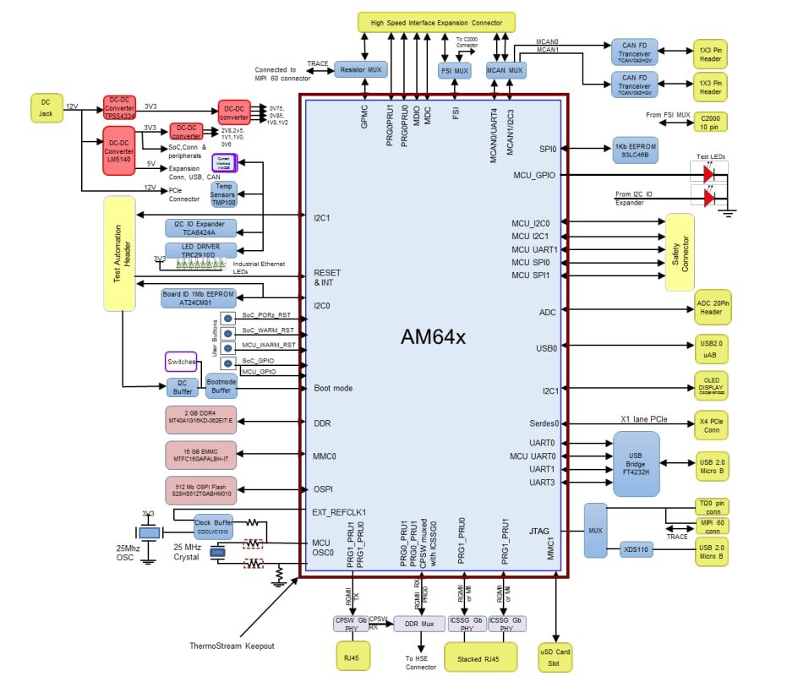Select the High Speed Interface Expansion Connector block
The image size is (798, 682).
click(435, 23)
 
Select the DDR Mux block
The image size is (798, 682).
click(418, 624)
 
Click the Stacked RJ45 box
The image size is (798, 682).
click(480, 656)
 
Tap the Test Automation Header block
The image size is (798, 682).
click(118, 253)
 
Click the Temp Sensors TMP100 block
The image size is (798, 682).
click(224, 194)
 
